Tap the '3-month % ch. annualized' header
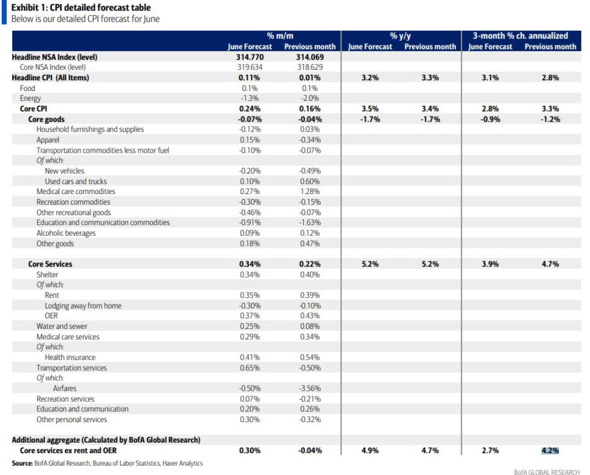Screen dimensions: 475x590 pos(520,36)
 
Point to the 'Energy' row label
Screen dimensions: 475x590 pos(30,98)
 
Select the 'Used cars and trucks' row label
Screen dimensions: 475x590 pos(76,181)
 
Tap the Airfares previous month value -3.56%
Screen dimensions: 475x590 pos(310,389)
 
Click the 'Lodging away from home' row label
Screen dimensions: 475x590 pos(83,306)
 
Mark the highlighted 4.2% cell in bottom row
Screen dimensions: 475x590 pos(550,450)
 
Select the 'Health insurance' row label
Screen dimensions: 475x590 pos(70,357)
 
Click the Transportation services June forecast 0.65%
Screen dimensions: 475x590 pos(249,368)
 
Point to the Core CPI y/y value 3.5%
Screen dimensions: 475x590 pos(370,109)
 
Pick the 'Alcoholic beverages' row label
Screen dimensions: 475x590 pos(66,233)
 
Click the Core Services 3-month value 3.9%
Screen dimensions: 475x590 pos(490,264)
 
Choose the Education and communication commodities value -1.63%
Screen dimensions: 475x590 pos(310,222)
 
